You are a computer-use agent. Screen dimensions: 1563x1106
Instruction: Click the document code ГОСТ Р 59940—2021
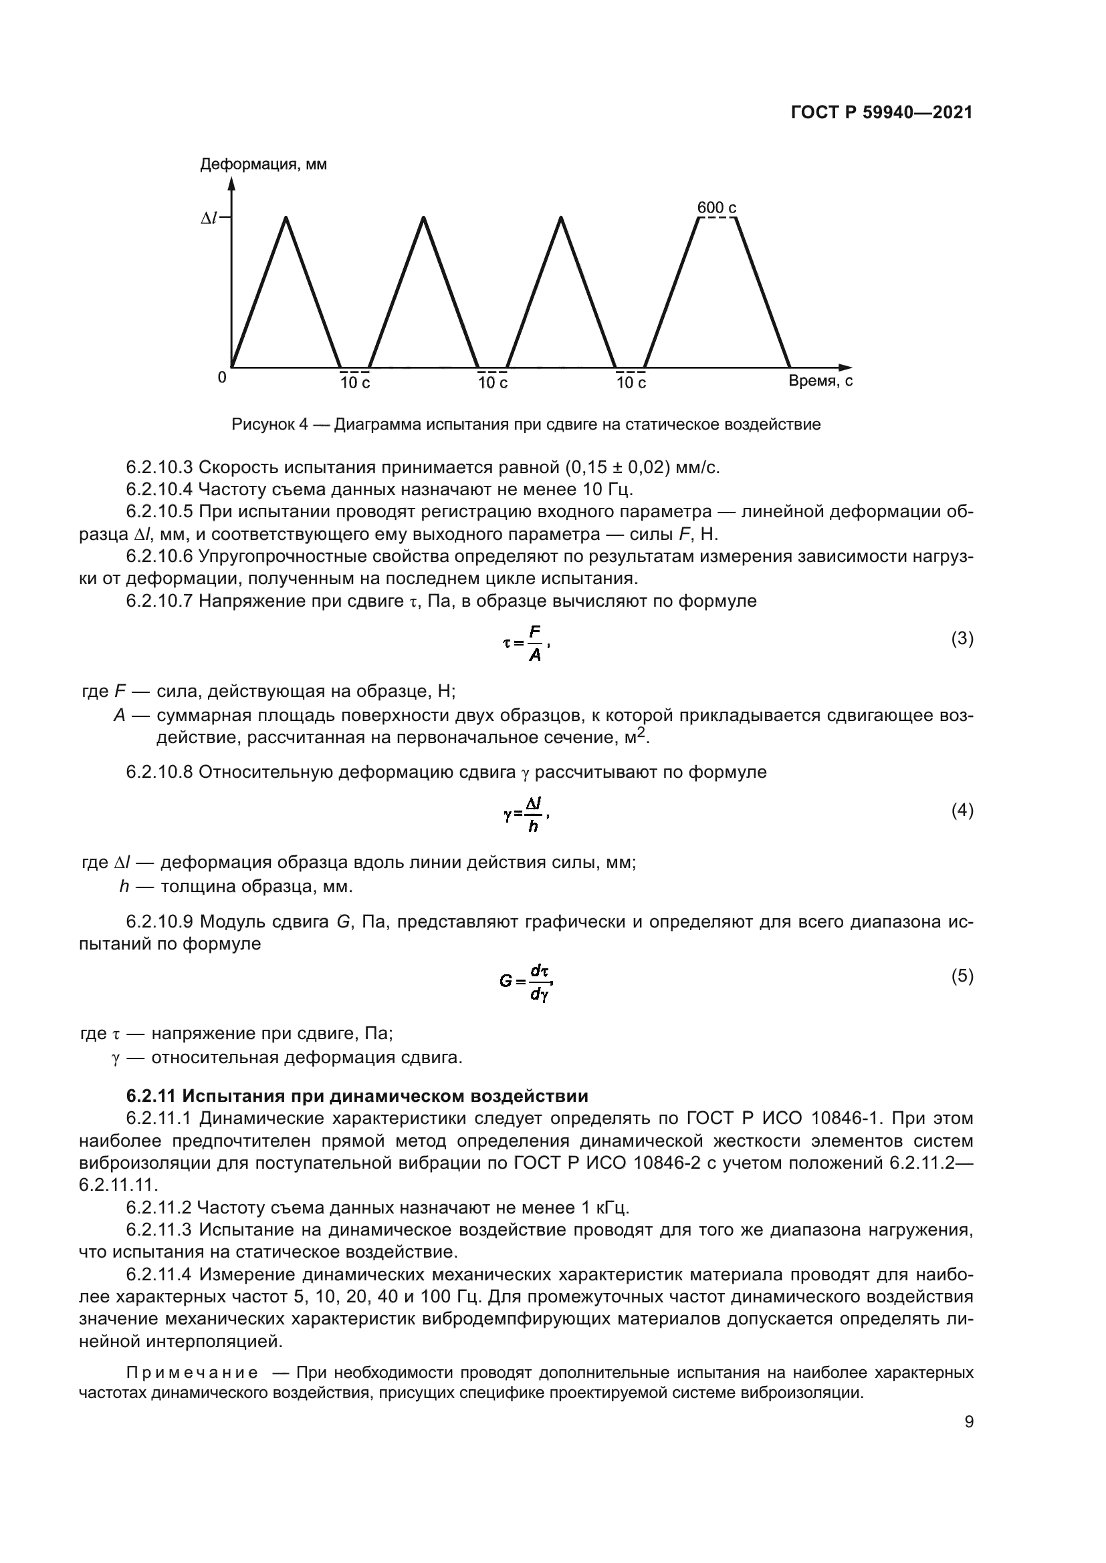click(x=881, y=113)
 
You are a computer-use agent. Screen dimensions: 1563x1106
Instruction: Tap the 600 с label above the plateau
click(x=715, y=208)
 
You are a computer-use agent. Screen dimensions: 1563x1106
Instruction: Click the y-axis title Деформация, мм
click(x=263, y=165)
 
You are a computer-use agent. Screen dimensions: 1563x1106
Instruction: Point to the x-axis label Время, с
click(x=820, y=381)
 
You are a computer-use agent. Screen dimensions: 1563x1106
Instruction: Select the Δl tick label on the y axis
click(x=209, y=218)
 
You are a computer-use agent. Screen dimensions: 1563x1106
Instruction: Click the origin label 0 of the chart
click(x=221, y=377)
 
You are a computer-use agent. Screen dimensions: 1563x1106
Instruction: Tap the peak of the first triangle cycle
click(x=286, y=217)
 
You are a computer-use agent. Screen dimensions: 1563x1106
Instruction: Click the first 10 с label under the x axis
click(x=355, y=384)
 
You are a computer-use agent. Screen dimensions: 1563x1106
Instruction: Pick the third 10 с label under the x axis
click(x=631, y=384)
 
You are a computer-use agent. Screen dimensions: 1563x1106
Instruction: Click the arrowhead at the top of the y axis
click(x=231, y=182)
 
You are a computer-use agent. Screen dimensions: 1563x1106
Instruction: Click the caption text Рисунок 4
click(x=269, y=425)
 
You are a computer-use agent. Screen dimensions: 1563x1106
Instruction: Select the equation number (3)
click(x=962, y=639)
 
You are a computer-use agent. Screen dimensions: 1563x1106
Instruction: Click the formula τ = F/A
click(x=526, y=643)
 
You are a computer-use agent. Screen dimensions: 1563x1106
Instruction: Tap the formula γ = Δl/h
click(x=526, y=814)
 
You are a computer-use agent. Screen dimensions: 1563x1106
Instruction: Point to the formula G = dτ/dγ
click(x=525, y=982)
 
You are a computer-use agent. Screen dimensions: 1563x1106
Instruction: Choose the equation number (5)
click(x=962, y=976)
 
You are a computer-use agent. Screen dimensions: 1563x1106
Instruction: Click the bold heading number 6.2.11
click(x=151, y=1096)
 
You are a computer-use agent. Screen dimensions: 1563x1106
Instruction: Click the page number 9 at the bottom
click(x=968, y=1422)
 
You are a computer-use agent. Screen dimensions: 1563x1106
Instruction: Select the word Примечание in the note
click(x=191, y=1372)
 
